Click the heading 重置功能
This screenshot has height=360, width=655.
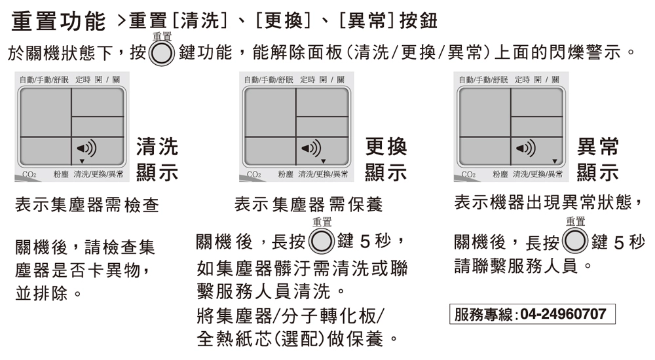click(58, 23)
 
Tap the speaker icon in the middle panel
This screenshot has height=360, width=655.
click(311, 148)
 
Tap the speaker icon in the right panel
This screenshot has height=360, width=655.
click(526, 148)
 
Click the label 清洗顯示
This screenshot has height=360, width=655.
click(157, 159)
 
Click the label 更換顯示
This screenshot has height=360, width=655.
click(385, 159)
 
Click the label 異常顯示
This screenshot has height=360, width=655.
click(598, 159)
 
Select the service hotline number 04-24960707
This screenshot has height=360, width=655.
click(563, 314)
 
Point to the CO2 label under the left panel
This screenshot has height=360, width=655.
click(28, 175)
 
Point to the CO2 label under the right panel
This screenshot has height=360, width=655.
click(468, 175)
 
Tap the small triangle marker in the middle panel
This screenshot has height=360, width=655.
click(323, 161)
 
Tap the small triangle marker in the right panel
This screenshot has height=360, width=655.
click(555, 161)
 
